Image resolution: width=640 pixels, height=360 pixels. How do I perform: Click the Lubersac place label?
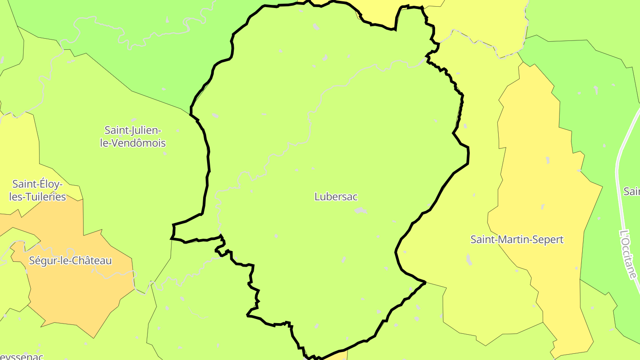point(336,196)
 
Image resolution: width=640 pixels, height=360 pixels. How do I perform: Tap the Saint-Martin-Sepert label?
point(517,240)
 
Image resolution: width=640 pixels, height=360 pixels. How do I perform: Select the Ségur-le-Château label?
point(70,260)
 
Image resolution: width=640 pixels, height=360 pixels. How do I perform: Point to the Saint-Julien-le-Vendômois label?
point(133,136)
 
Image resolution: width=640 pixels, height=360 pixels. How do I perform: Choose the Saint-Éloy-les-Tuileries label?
point(38,190)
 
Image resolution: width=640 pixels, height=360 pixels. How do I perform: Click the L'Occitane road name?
point(628,254)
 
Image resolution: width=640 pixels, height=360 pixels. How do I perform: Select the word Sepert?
point(549,240)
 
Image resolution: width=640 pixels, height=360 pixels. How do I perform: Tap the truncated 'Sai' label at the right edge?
point(632,191)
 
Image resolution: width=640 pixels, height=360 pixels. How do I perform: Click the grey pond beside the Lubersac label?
point(361,210)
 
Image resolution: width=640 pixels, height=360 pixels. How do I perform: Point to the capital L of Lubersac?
point(317,196)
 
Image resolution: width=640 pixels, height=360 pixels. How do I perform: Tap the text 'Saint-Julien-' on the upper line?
point(133,130)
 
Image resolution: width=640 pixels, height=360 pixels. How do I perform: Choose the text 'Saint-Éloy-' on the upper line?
point(37,184)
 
